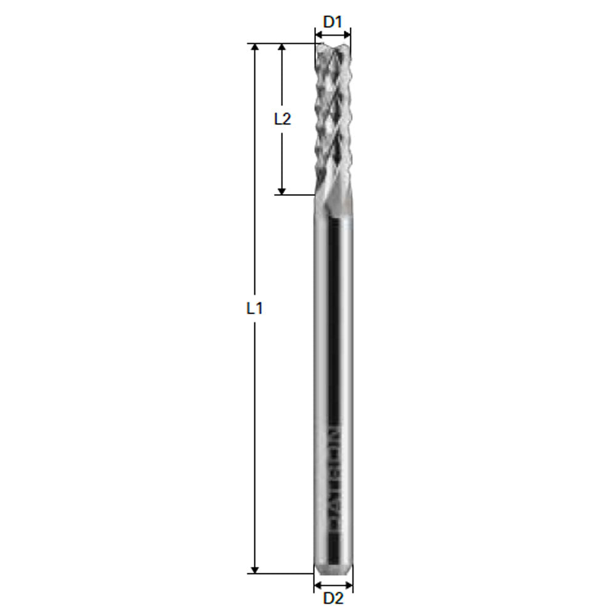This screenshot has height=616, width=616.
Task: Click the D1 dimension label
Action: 333,22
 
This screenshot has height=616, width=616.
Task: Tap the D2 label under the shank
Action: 333,598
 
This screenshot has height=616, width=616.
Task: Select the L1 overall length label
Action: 254,309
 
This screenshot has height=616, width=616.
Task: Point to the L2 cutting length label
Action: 282,119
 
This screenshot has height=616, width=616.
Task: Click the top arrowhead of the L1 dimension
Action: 255,47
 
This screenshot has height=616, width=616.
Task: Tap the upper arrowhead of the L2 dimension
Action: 282,47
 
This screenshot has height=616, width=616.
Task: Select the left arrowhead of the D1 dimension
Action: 318,34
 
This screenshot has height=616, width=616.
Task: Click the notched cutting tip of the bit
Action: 333,48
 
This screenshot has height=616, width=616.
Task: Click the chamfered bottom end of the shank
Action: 333,567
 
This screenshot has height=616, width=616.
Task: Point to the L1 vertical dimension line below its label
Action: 255,444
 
